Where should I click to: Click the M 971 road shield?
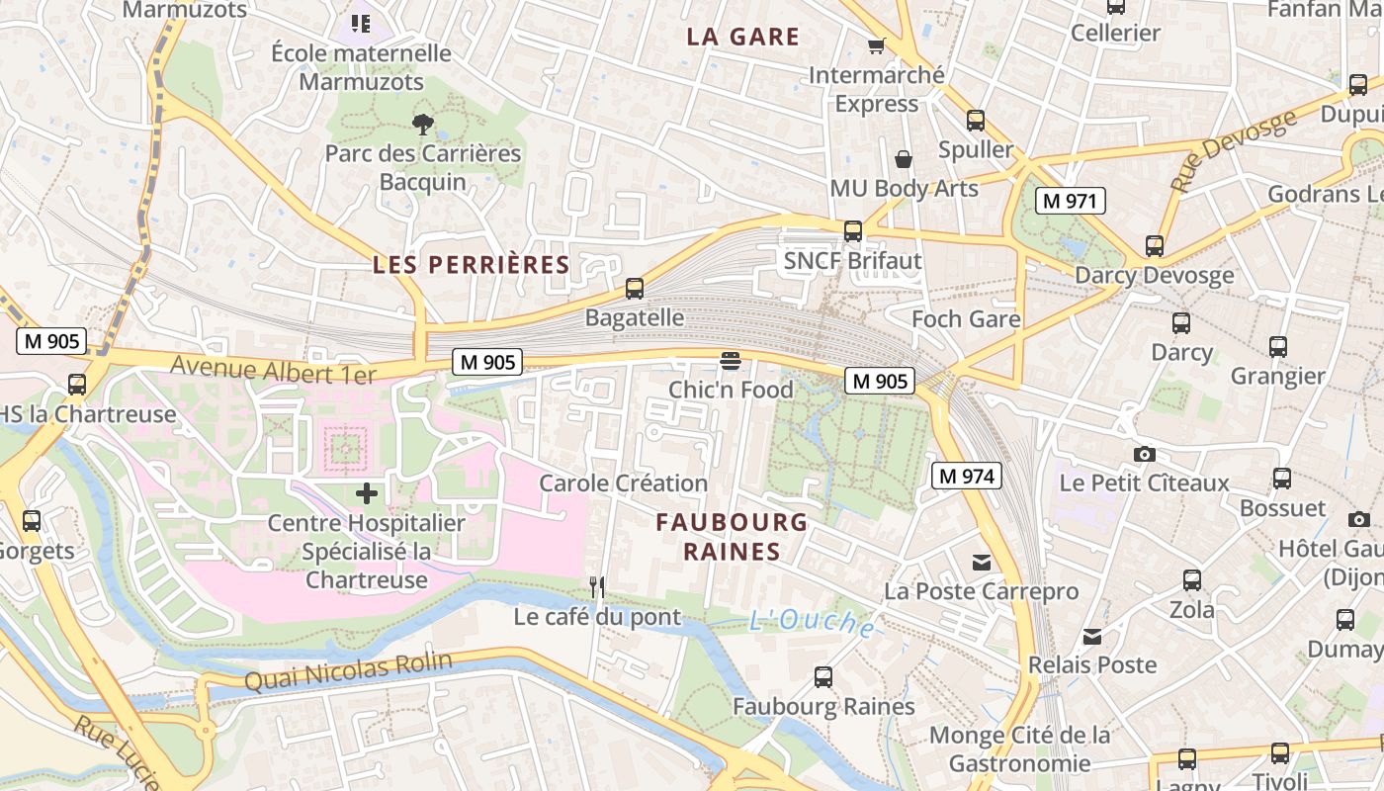[1070, 201]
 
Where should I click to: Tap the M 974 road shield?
[967, 476]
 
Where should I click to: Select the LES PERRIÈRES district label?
[471, 265]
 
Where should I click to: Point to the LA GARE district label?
[742, 38]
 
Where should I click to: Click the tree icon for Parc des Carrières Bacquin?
[423, 124]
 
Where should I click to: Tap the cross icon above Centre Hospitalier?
[367, 492]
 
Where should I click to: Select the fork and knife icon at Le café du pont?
[596, 587]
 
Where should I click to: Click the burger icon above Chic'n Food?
[731, 361]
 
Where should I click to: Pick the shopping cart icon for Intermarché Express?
[876, 45]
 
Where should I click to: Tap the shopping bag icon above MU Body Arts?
[904, 158]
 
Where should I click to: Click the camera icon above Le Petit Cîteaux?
[1144, 454]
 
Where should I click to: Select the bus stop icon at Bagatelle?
[635, 289]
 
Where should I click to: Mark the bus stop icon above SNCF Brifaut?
[852, 231]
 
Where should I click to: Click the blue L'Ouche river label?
[811, 622]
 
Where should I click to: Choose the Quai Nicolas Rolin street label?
[348, 672]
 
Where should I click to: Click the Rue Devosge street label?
[1233, 151]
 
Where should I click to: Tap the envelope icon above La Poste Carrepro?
[981, 563]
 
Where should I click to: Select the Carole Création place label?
[623, 483]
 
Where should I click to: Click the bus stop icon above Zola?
[1192, 580]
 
